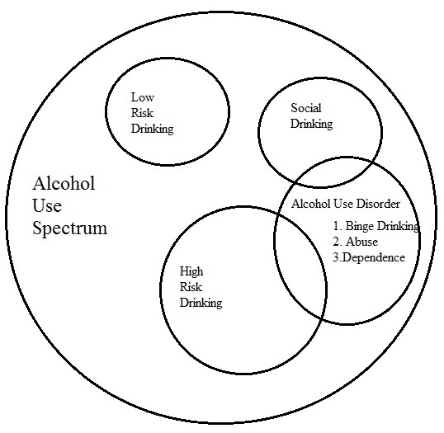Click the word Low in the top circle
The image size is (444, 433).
143,97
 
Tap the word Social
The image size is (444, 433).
306,108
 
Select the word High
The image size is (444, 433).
191,272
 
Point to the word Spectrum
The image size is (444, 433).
70,228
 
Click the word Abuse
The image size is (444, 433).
361,242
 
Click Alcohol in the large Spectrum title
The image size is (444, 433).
64,183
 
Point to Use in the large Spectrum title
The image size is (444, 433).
47,205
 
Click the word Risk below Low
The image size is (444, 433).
142,113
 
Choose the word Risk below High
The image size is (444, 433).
191,287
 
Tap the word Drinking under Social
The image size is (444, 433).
311,125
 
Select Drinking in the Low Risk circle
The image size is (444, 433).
152,129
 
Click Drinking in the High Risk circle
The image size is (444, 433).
201,304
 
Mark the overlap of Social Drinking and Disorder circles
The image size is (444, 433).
334,172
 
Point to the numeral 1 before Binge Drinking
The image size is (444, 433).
337,226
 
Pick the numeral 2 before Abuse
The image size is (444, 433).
337,242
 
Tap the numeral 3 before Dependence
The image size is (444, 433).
336,257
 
